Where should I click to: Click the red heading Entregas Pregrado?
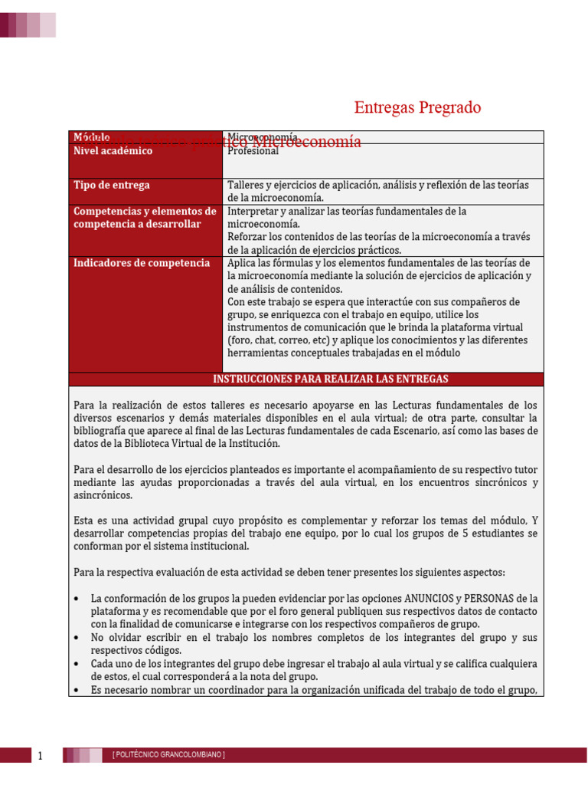417,108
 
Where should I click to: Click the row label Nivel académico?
113,151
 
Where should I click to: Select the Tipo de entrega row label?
112,186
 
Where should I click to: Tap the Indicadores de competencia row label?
142,263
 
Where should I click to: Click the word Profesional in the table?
253,151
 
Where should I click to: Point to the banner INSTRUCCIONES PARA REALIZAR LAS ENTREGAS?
330,379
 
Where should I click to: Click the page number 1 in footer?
41,757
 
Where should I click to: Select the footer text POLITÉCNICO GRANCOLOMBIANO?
168,755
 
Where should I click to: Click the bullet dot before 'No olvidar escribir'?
77,638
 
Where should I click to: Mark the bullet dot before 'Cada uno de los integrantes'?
77,664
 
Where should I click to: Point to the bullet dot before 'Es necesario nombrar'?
77,690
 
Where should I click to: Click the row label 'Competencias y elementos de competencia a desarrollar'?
145,218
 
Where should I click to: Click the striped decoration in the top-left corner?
28,25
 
